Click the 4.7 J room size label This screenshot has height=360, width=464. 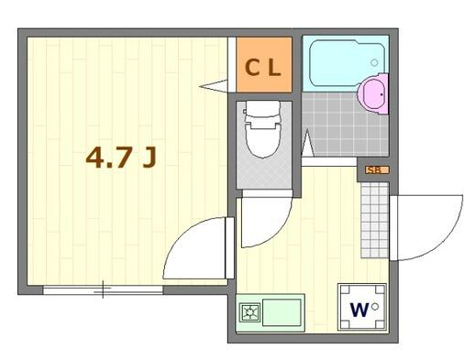(x=120, y=158)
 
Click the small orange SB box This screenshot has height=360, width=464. (x=373, y=169)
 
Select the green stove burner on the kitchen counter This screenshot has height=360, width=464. (x=248, y=313)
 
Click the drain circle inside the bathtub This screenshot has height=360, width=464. (x=374, y=62)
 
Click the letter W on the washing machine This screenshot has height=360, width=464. (x=359, y=309)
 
